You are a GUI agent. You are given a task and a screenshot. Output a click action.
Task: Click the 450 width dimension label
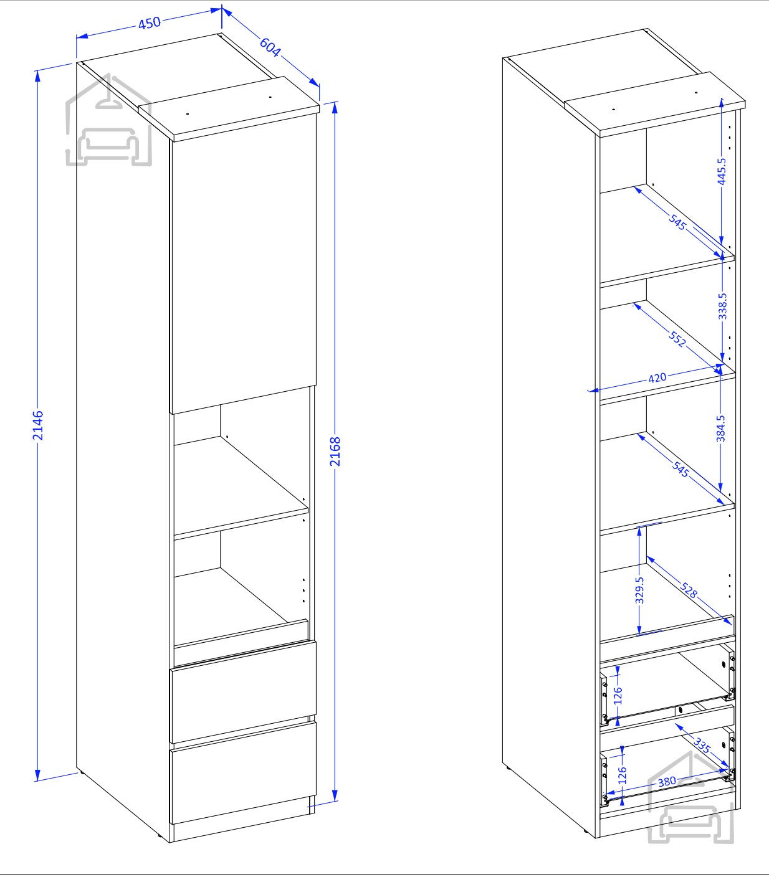[x=150, y=23]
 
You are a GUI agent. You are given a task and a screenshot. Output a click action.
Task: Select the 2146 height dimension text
[x=38, y=425]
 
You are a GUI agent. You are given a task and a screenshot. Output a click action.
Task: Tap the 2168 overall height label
[x=335, y=452]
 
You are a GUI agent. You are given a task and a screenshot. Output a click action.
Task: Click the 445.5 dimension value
[x=722, y=171]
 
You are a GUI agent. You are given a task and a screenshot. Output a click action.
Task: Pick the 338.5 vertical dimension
[x=722, y=306]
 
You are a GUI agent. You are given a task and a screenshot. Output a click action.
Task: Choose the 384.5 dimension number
[x=720, y=429]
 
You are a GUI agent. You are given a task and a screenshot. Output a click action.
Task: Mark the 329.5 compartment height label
[x=639, y=590]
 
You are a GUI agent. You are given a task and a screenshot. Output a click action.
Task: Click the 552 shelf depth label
[x=677, y=338]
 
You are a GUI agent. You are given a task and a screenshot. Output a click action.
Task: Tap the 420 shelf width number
[x=657, y=378]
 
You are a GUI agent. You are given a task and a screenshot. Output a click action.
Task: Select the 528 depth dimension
[x=689, y=590]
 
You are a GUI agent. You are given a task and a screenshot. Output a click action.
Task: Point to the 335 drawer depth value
[x=702, y=745]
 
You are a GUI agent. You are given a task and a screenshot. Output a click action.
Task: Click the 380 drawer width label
[x=667, y=781]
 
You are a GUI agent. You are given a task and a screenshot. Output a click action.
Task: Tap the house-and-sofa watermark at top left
[x=108, y=120]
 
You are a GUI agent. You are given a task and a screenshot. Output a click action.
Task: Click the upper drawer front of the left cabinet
[x=243, y=692]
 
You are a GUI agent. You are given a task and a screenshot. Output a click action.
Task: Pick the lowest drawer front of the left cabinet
[x=243, y=773]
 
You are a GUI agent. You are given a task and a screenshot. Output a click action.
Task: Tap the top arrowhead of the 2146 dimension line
[x=37, y=76]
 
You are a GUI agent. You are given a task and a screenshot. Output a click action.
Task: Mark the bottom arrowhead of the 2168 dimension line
[x=335, y=795]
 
